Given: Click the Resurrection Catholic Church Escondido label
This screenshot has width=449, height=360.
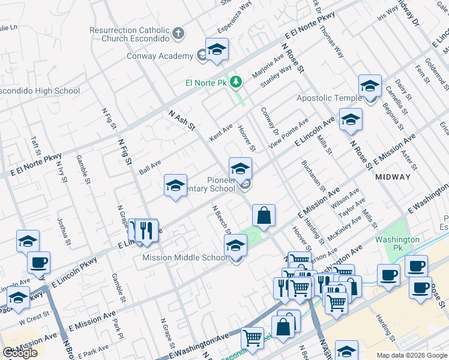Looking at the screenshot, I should pyautogui.click(x=129, y=34).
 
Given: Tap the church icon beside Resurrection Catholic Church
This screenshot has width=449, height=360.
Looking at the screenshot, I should pyautogui.click(x=178, y=34).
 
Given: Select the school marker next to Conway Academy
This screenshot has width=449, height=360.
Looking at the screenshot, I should pyautogui.click(x=217, y=51).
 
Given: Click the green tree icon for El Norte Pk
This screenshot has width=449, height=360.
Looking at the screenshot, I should pyautogui.click(x=237, y=81).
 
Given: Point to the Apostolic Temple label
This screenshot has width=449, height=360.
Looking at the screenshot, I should pyautogui.click(x=329, y=98).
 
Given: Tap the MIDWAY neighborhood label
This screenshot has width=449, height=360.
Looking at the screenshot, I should pyautogui.click(x=393, y=177).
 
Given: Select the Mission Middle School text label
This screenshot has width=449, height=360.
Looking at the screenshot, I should pyautogui.click(x=185, y=258).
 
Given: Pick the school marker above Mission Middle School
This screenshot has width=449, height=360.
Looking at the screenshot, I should pyautogui.click(x=235, y=246).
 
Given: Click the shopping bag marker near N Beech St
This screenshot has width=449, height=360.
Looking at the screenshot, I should pyautogui.click(x=263, y=215).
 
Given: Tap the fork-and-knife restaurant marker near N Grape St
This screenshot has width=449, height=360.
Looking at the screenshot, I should pyautogui.click(x=145, y=230).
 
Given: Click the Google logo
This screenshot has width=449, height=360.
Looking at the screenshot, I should pyautogui.click(x=20, y=353).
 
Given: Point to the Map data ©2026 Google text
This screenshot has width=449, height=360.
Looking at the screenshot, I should pyautogui.click(x=412, y=355).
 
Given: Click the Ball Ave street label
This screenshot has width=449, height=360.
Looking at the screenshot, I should pyautogui.click(x=150, y=163).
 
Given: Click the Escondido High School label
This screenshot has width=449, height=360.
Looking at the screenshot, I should pyautogui.click(x=41, y=91).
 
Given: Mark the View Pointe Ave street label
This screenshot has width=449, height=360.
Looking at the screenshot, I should pyautogui.click(x=288, y=133).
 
